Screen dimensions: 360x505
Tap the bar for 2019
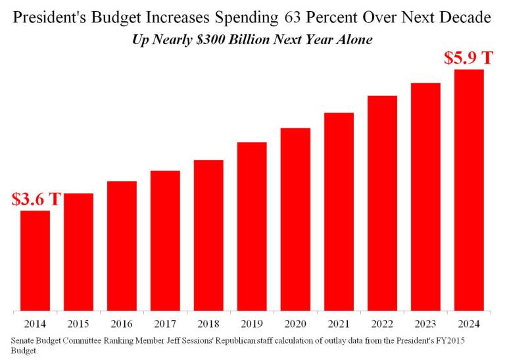pyautogui.click(x=252, y=226)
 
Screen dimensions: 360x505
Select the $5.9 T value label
pyautogui.click(x=469, y=58)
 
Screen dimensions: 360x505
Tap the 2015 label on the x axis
pyautogui.click(x=78, y=323)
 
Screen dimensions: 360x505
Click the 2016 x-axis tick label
pyautogui.click(x=122, y=323)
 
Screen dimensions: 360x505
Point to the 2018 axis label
pyautogui.click(x=208, y=323)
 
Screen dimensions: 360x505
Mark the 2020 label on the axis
pyautogui.click(x=295, y=323)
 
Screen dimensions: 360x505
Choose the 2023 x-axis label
pyautogui.click(x=425, y=323)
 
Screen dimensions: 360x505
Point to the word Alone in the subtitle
pyautogui.click(x=352, y=39)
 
